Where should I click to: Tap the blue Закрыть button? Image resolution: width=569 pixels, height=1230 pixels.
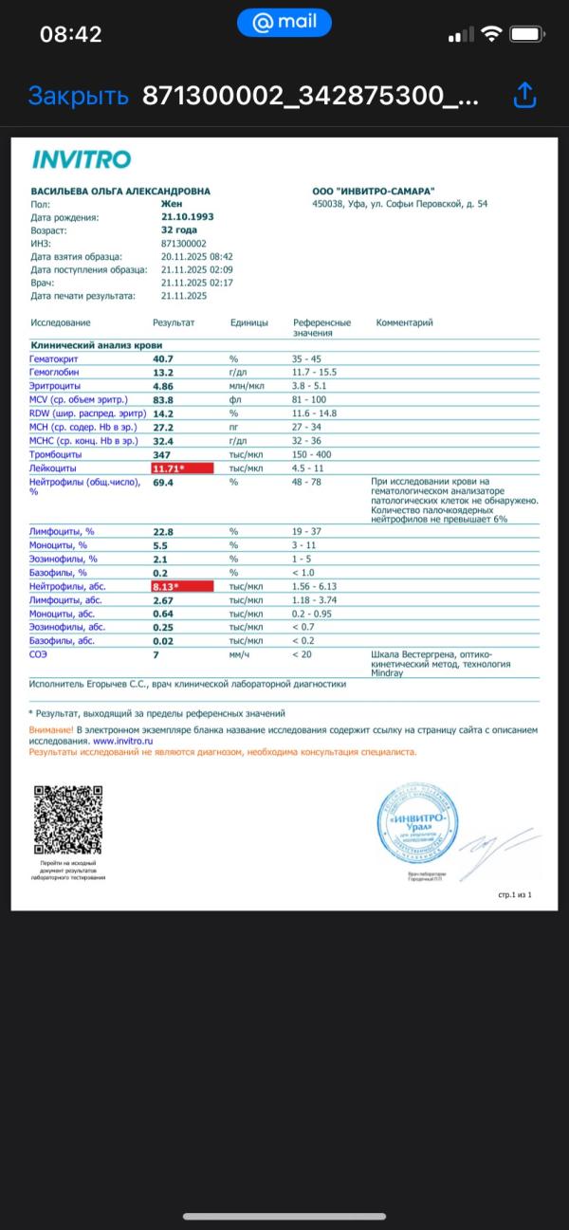tap(78, 96)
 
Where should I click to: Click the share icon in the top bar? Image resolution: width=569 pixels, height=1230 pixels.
tap(525, 95)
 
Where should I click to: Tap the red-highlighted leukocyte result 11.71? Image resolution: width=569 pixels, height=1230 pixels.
tap(182, 468)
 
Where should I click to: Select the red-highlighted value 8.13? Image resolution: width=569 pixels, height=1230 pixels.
tap(182, 587)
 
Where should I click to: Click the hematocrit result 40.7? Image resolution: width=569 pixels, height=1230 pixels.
tap(163, 358)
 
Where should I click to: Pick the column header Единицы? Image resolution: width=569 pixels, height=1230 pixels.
tap(249, 322)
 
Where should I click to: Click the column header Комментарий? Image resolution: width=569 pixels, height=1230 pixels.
tap(405, 322)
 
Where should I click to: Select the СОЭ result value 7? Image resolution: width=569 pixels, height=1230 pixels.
tap(156, 654)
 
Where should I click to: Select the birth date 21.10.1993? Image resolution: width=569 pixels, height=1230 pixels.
tap(188, 217)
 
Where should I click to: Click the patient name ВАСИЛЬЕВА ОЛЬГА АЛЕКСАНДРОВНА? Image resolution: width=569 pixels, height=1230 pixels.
tap(120, 191)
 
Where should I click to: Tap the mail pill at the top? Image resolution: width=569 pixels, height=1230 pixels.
tap(284, 22)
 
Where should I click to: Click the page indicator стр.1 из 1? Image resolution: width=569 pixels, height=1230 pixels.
tap(515, 894)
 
